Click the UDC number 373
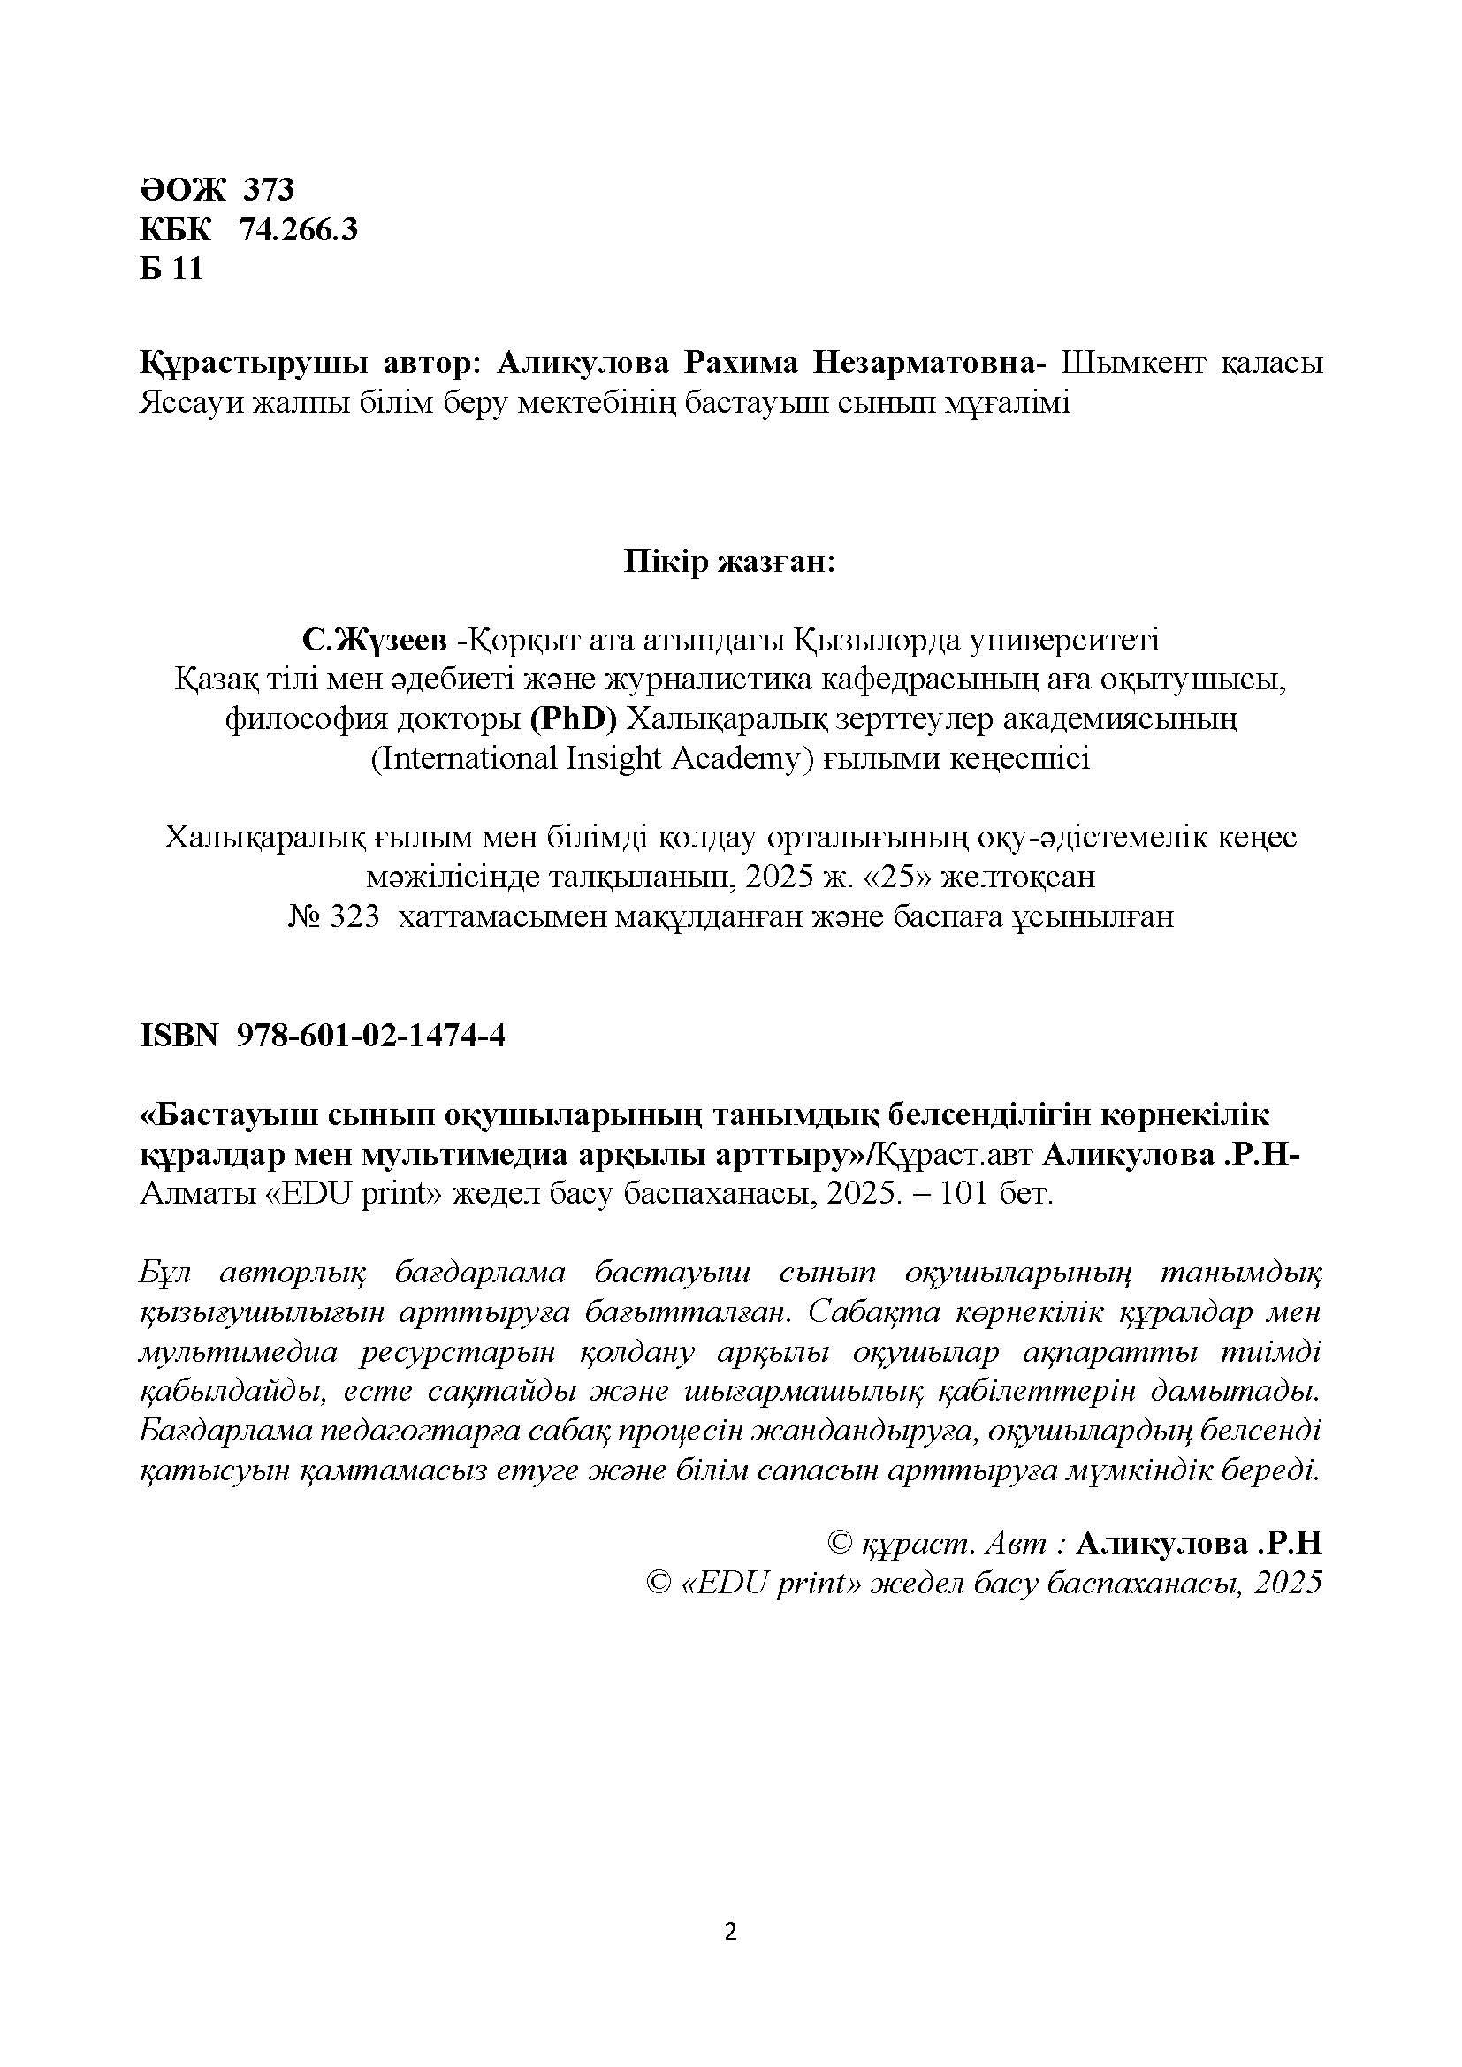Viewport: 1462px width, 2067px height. tap(269, 190)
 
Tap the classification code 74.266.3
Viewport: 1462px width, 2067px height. tap(298, 231)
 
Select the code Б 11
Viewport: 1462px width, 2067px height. tap(171, 270)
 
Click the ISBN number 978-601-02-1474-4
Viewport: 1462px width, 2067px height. tap(370, 1037)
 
